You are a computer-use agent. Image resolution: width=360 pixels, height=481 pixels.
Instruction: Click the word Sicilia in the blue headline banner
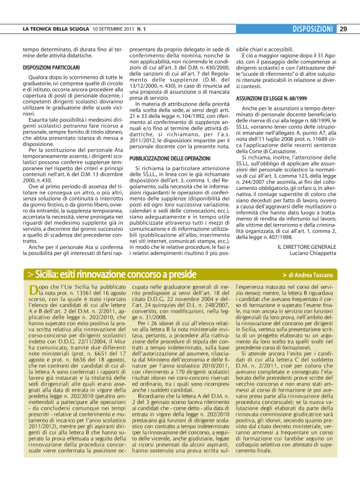click(49, 274)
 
